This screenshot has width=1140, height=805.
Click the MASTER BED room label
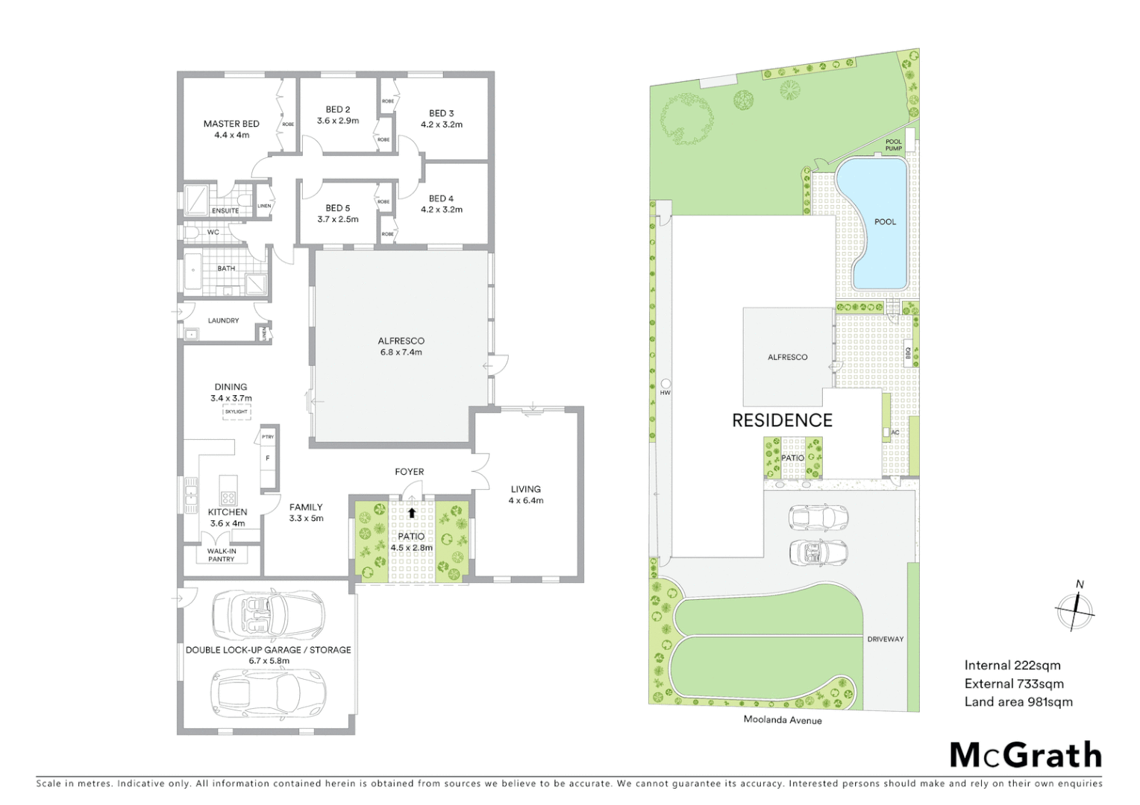point(231,124)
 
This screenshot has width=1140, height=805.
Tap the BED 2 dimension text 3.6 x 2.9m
point(337,121)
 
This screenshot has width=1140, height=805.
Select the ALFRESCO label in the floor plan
point(401,341)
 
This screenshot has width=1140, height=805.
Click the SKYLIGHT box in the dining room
point(237,411)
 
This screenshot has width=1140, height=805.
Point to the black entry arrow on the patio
point(411,513)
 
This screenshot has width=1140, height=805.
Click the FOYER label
point(409,472)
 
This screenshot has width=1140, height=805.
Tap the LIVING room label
point(525,490)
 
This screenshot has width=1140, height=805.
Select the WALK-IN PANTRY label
point(222,555)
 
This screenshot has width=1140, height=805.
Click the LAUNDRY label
point(223,321)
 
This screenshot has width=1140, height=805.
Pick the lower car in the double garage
point(268,692)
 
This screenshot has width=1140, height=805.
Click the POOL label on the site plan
point(885,221)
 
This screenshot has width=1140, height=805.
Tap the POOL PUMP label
point(893,145)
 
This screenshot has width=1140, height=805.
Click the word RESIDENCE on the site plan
point(782,420)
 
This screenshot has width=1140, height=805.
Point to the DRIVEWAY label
point(885,640)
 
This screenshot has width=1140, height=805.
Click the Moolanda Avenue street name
point(783,720)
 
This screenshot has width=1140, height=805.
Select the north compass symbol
point(1075,610)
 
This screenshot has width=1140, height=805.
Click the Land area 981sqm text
point(1018,701)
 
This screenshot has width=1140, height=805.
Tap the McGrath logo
point(1025,755)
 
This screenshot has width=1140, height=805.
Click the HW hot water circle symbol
point(665,384)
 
